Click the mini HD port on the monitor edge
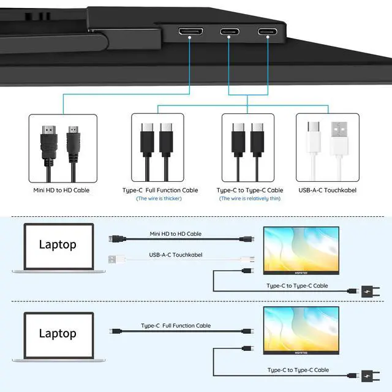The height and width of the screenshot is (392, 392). coord(190,31)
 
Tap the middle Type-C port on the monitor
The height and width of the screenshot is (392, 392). coord(230,31)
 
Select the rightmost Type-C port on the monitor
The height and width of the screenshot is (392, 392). coord(267,31)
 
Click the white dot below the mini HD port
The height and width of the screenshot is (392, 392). coord(189,37)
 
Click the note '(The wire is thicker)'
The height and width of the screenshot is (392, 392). coord(159,198)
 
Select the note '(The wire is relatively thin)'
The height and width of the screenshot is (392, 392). coord(250,198)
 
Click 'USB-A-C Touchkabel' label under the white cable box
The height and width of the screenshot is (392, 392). coord(327,190)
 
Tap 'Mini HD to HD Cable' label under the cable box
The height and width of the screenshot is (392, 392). coord(61,190)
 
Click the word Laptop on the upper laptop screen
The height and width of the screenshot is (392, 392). coord(58,245)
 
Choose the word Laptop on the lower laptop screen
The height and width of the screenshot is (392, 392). coord(58,333)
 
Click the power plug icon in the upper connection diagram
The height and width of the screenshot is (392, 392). coord(370,292)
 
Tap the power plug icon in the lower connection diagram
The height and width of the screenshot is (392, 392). coord(370,375)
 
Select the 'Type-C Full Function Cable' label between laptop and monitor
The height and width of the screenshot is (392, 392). coord(176,325)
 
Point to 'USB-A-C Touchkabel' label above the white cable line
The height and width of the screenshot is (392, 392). coord(176,255)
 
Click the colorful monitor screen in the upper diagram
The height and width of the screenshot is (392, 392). coord(301,249)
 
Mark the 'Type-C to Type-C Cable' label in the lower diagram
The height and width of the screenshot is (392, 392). coord(298,370)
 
